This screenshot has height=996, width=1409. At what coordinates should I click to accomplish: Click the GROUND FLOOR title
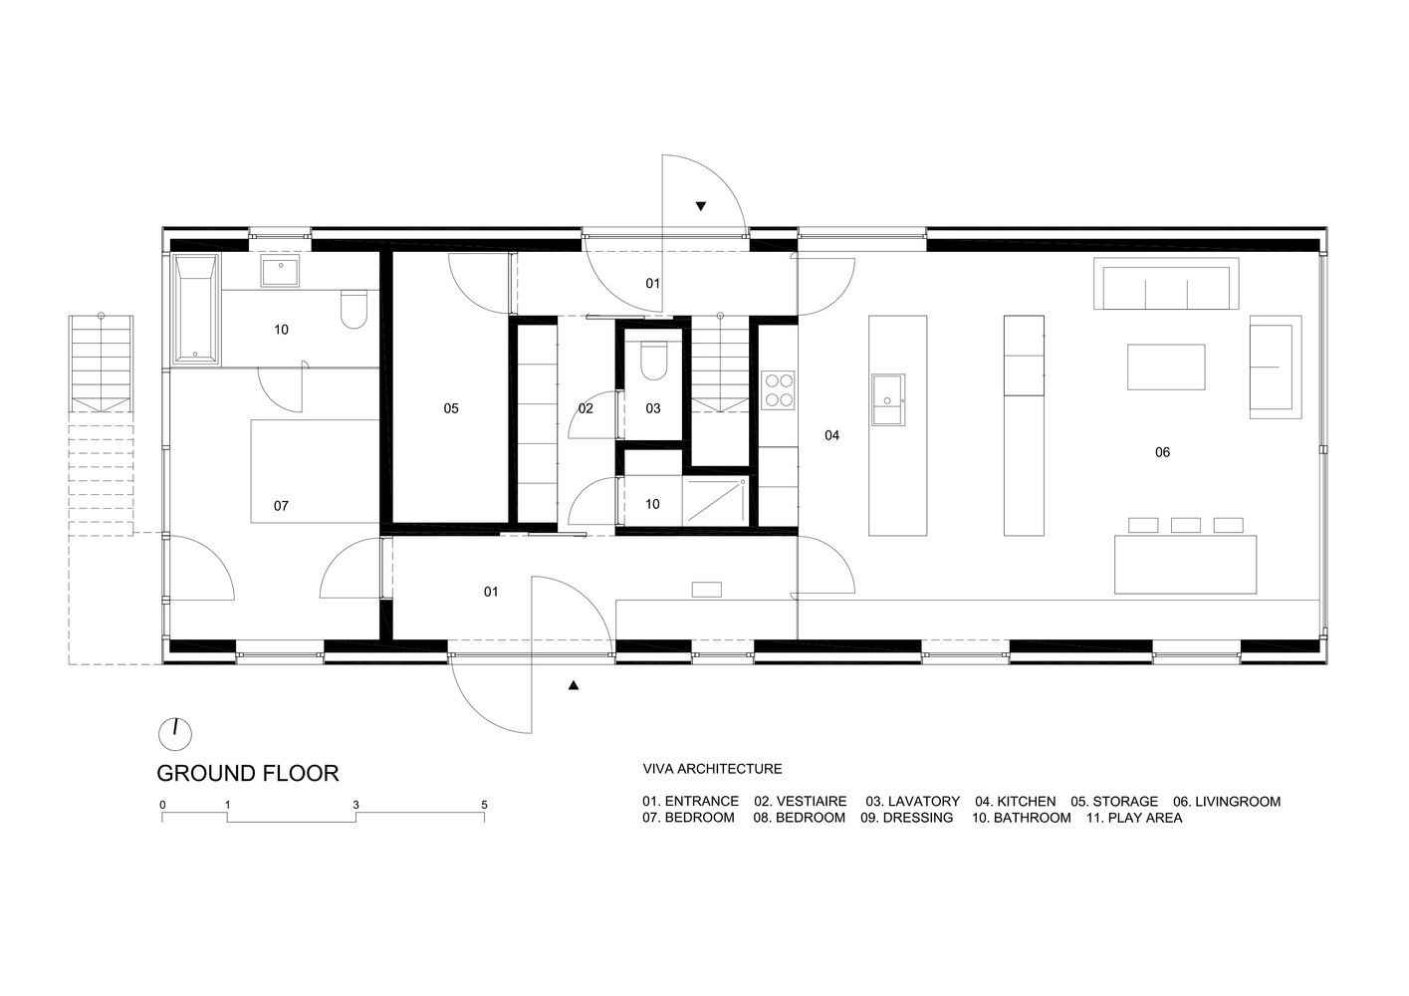(x=247, y=773)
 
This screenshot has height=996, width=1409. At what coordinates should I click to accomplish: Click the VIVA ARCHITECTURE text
(x=712, y=768)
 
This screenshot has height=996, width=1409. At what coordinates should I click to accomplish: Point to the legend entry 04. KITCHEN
(x=1016, y=802)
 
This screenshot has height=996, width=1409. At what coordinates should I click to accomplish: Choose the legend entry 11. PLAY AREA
(x=1134, y=818)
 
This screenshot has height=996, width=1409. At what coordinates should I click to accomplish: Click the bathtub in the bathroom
(x=196, y=309)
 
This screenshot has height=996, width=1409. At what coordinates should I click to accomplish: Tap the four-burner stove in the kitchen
(x=778, y=390)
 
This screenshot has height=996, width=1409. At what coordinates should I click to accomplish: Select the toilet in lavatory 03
(x=653, y=361)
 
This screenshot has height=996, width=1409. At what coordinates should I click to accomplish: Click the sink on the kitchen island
(x=888, y=399)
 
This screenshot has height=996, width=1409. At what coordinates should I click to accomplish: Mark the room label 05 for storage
(x=451, y=408)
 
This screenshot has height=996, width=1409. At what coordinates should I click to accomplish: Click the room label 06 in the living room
(x=1162, y=452)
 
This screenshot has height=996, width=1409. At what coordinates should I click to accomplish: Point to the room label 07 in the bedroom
(x=281, y=505)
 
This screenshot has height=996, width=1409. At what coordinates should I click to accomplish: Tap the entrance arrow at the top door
(x=701, y=206)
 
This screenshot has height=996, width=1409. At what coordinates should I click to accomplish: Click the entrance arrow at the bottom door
(x=573, y=686)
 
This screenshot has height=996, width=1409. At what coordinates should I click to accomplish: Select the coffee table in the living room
(x=1166, y=367)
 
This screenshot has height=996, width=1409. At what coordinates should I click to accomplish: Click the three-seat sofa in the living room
(x=1166, y=284)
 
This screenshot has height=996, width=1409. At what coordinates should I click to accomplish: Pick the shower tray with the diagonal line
(x=716, y=501)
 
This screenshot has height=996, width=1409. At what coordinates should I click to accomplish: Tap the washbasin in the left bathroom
(x=280, y=271)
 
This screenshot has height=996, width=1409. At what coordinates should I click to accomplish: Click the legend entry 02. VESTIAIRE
(x=801, y=802)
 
